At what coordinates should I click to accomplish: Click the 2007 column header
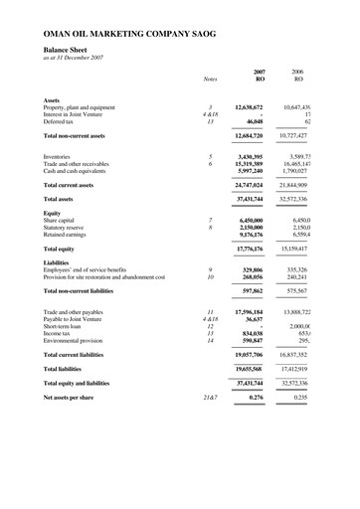point(259,73)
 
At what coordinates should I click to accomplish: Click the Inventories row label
point(63,157)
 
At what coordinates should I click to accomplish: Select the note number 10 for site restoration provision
point(210,277)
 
